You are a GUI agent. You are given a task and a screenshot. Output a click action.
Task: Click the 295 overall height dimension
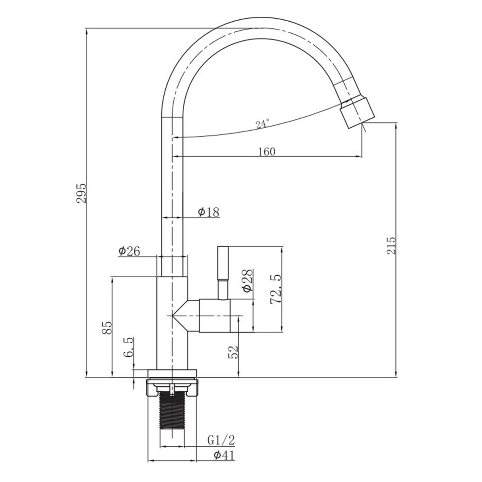tap(82, 193)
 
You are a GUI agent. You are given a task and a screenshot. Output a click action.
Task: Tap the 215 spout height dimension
tap(391, 245)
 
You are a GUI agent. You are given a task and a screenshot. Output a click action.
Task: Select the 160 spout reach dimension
tap(267, 151)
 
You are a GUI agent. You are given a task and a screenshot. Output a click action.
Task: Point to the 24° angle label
tap(262, 124)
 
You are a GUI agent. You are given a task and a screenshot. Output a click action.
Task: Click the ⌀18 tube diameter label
tap(209, 212)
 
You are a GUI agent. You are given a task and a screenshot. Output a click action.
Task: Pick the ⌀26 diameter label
tap(129, 251)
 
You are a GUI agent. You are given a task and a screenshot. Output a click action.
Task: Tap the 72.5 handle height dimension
tap(276, 289)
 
